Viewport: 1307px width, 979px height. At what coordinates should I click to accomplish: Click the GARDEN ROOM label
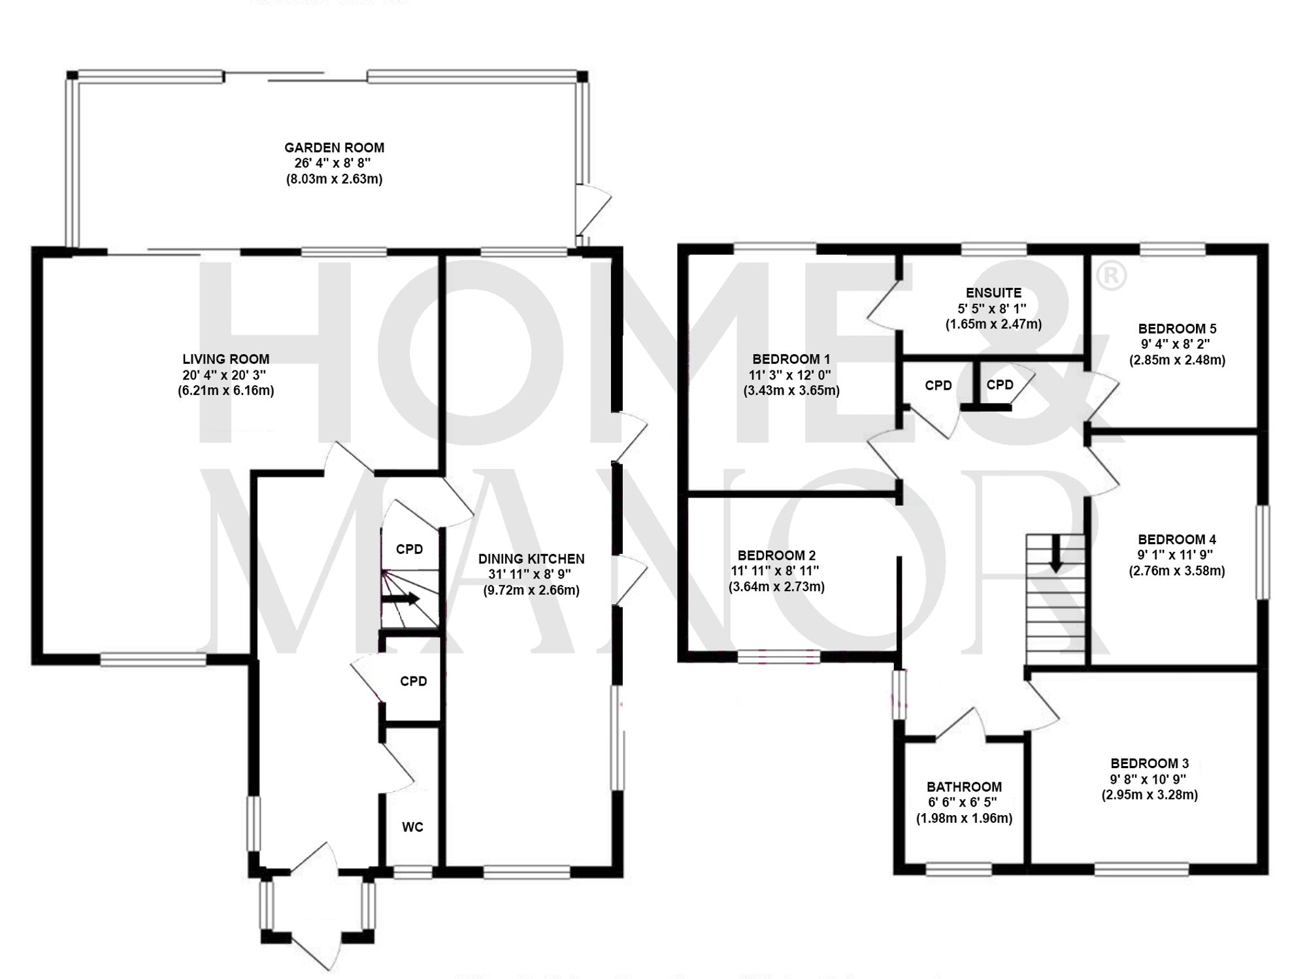[x=334, y=148]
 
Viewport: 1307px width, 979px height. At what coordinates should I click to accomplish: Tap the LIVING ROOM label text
[x=225, y=359]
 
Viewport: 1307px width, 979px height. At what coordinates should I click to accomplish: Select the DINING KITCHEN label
[x=531, y=559]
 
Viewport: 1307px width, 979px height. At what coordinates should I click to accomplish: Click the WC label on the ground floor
[x=412, y=827]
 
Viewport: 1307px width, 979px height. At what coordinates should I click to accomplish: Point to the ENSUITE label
[x=993, y=293]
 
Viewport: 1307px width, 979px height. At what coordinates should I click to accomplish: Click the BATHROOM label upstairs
[x=964, y=787]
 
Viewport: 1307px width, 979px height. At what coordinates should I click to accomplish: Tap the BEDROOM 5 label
[x=1177, y=329]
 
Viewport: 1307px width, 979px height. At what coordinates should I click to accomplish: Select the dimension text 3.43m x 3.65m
[x=791, y=391]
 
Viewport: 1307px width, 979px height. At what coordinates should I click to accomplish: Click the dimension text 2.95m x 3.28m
[x=1150, y=795]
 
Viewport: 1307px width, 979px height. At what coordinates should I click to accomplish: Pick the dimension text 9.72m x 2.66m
[x=531, y=591]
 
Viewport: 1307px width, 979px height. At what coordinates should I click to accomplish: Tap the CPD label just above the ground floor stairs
[x=410, y=549]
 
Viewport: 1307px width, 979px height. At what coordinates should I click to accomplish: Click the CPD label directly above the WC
[x=414, y=682]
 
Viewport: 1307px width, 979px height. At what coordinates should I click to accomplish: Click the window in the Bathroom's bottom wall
[x=959, y=869]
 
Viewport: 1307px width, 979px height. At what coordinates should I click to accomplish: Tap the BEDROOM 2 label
[x=776, y=556]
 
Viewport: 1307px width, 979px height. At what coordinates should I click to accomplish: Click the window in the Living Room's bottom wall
[x=153, y=660]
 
